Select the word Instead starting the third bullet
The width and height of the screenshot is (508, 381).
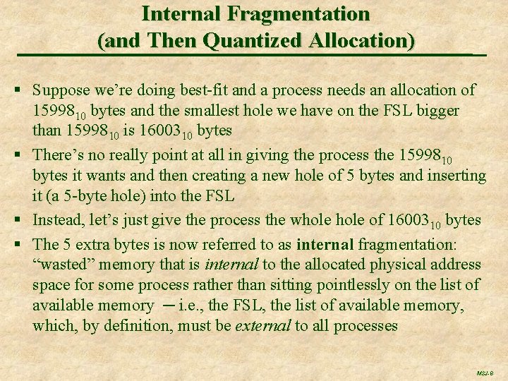coord(59,220)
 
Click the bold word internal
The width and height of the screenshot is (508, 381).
coord(325,244)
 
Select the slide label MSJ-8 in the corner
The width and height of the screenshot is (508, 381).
coord(485,373)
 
